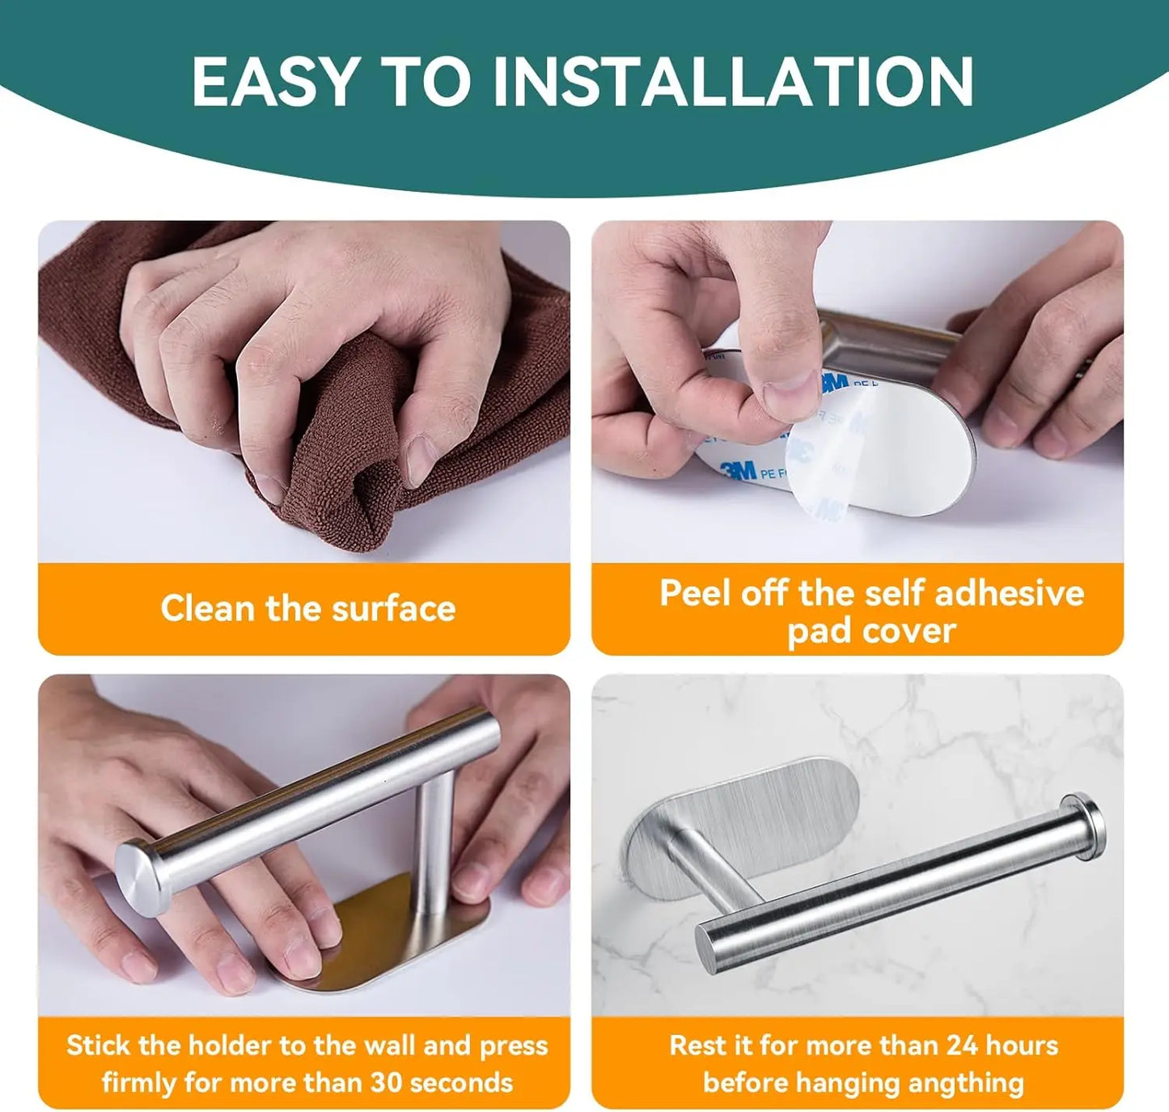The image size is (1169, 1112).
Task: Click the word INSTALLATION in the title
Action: coord(733,81)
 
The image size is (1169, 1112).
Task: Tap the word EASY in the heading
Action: coord(275,81)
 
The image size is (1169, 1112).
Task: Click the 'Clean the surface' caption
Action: coord(307,609)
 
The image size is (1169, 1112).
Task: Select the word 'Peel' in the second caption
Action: coord(695,592)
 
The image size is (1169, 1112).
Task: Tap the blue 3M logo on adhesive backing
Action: coord(738,469)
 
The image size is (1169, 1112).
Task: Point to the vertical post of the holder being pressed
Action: coord(434,842)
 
